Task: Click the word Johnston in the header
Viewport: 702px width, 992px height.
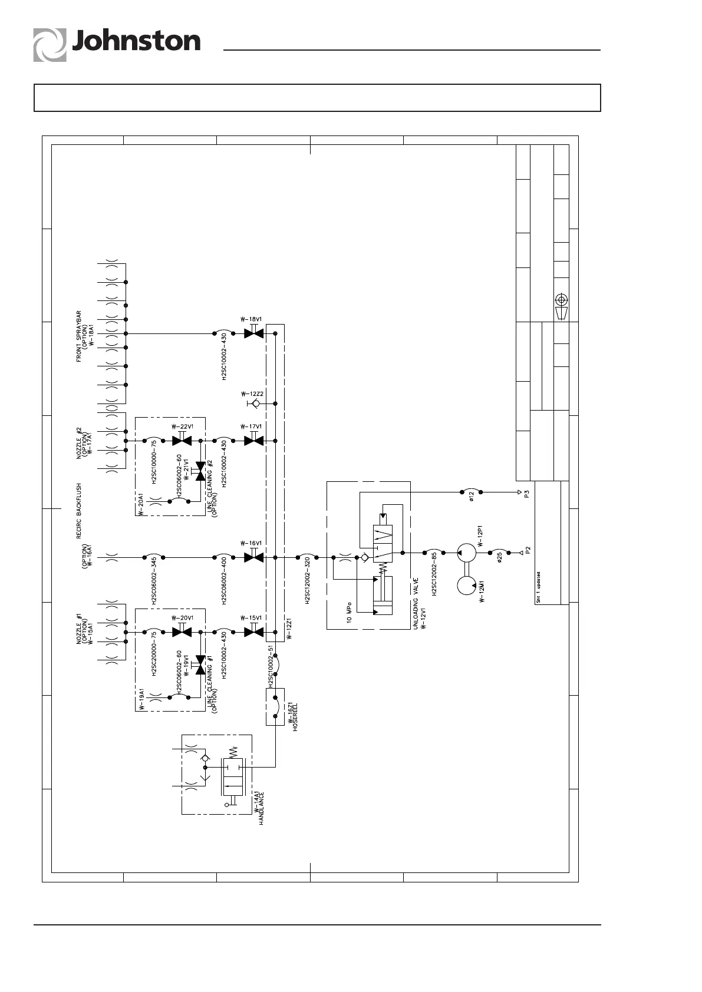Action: click(136, 42)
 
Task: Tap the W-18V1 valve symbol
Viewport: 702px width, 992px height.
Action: click(253, 333)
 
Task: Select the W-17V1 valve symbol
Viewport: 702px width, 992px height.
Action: click(253, 440)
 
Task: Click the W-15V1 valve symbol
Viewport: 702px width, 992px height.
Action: click(253, 632)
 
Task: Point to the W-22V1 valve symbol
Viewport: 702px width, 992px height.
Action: click(182, 440)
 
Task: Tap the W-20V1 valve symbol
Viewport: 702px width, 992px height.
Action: click(182, 632)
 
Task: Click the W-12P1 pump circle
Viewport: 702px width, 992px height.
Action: click(467, 553)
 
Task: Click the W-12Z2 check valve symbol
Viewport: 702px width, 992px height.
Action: click(254, 404)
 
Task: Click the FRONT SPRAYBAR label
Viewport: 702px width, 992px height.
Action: click(79, 336)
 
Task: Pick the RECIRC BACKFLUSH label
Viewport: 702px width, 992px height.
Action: click(79, 511)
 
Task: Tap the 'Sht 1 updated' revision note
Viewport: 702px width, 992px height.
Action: click(539, 586)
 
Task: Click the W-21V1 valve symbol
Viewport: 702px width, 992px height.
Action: click(200, 471)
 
